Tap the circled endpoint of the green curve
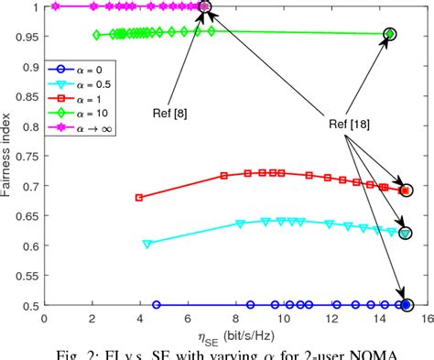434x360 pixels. click(390, 34)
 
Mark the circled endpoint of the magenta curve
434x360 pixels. click(204, 6)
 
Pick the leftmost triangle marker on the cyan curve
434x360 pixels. click(146, 244)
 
